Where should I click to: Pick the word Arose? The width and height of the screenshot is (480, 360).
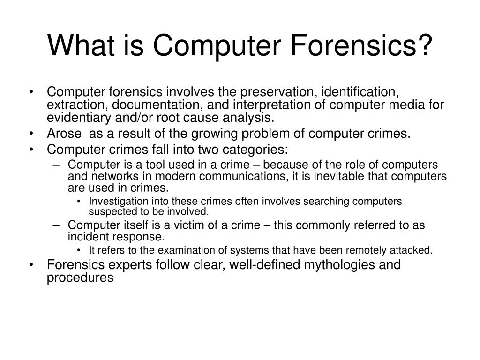64,134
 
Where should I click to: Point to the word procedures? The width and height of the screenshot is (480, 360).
80,277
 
